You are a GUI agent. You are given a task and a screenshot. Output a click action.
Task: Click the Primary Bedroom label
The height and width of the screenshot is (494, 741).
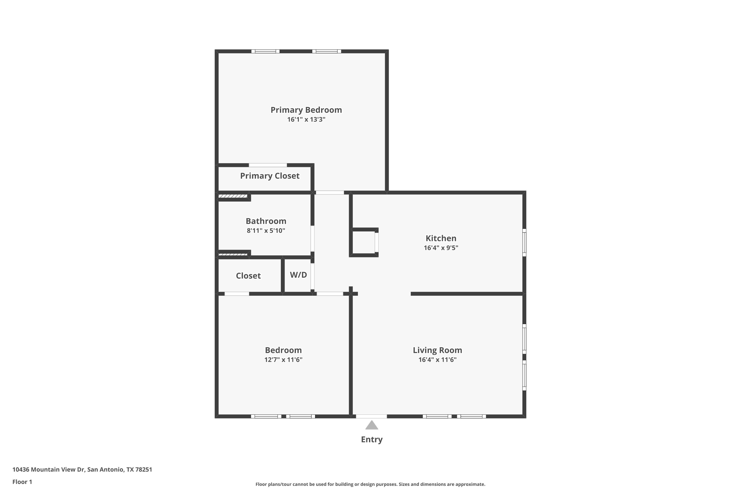point(306,110)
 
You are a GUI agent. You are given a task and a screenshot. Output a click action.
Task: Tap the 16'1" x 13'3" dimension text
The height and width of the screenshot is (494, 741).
point(306,119)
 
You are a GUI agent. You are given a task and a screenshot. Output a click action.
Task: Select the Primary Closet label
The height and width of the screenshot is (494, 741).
point(270,176)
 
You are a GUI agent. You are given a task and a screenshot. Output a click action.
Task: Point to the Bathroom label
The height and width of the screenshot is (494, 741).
point(266,221)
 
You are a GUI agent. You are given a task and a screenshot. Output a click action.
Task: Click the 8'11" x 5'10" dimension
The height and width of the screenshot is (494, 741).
point(266,231)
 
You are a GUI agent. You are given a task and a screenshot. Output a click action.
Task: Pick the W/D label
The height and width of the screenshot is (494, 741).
point(298,275)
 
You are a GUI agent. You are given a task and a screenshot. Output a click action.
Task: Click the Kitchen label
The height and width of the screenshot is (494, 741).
point(441,238)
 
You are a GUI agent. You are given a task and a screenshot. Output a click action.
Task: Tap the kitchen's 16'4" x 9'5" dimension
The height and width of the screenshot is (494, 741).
point(441,248)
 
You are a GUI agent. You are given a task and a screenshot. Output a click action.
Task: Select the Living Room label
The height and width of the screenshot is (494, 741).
point(437,350)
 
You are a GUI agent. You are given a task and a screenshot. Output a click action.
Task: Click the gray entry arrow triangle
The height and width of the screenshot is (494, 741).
point(371,425)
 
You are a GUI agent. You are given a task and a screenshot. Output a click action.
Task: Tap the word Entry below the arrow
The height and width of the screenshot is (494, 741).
point(371,439)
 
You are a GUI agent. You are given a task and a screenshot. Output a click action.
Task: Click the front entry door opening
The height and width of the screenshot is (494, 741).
point(371,416)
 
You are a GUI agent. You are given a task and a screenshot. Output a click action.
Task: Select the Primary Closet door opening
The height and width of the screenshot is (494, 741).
point(268,165)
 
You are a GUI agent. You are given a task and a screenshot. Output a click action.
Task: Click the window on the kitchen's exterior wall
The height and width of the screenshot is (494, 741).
point(524,242)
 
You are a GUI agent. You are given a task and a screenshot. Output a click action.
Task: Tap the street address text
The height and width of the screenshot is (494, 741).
point(82,470)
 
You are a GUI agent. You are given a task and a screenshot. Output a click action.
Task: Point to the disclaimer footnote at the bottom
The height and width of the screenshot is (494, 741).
point(370,484)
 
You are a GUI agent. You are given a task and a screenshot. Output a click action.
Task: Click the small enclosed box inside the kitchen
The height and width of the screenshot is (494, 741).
point(364,242)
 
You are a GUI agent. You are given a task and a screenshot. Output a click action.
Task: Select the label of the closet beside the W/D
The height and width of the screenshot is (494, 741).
point(248,276)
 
